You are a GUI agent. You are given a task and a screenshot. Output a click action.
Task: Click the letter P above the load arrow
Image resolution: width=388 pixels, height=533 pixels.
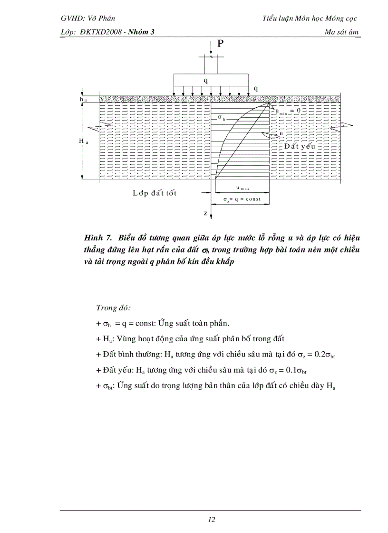point(220,44)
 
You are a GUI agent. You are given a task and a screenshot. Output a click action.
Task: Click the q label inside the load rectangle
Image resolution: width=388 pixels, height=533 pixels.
point(205,80)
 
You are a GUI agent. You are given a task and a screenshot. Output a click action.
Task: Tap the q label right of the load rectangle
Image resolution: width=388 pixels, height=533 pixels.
point(256,88)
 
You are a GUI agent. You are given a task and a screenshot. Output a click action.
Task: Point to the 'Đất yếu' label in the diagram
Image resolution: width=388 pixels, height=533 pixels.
point(300,146)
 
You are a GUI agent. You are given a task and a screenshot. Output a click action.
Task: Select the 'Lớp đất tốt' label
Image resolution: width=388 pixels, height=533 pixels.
point(155,193)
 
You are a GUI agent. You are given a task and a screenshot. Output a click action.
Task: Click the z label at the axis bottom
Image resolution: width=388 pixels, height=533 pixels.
point(206,214)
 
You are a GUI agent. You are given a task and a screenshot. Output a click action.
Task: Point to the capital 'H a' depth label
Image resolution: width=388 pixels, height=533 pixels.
point(82,141)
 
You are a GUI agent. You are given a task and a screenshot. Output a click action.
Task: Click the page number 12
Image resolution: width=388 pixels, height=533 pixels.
point(212,519)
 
